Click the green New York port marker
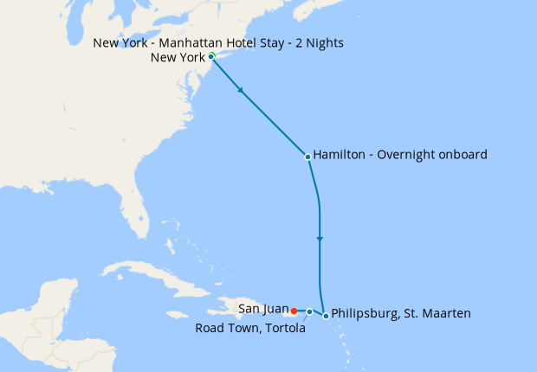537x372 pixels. point(211,56)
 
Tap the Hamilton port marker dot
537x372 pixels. point(307,157)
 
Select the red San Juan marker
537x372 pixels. point(294,311)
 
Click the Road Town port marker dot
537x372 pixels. point(309,311)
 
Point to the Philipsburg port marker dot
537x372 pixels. point(326,316)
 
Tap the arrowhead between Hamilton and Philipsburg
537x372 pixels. point(320,238)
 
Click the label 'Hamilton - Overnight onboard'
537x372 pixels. point(400,155)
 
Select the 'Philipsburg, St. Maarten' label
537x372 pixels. point(401,313)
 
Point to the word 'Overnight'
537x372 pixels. point(407,155)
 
